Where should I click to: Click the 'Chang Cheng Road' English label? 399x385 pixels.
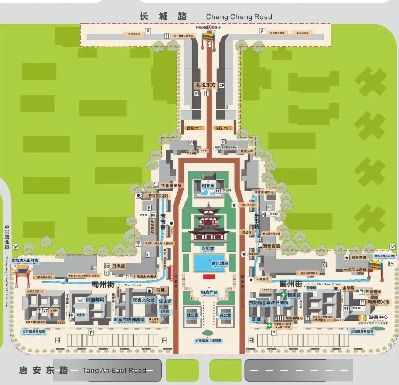point(239,17)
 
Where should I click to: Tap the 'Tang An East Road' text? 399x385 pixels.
point(114,370)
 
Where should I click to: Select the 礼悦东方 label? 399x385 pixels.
point(205,85)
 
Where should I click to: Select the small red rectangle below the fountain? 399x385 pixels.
point(209,276)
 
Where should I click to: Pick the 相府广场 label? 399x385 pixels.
point(209,293)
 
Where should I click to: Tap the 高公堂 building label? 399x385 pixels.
point(225,315)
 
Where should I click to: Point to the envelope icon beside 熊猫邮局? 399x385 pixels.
point(80,300)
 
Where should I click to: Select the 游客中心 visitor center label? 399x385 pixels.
point(378,317)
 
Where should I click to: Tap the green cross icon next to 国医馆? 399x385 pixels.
point(283,295)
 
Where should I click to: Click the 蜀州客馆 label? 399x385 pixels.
point(272,246)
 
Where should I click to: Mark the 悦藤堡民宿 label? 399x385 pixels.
point(171,185)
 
